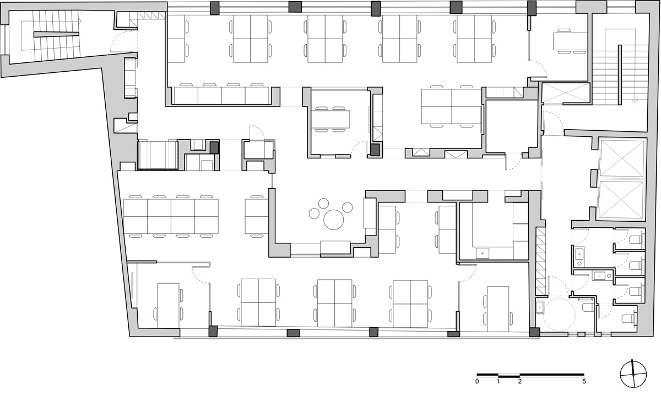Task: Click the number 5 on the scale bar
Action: tap(584, 382)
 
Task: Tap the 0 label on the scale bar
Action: tap(477, 382)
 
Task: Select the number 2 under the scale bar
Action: tap(519, 382)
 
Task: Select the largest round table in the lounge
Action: tap(334, 219)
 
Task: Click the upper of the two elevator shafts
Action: tap(622, 158)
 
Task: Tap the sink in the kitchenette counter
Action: tap(483, 253)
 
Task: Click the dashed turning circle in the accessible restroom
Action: tap(560, 314)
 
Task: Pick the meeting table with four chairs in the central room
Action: tap(330, 119)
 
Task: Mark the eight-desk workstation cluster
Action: tap(171, 216)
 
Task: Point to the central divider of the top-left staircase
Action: tap(56, 34)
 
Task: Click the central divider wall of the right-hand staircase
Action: tap(620, 74)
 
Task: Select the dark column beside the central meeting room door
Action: tap(375, 150)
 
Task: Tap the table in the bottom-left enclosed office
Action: tap(168, 306)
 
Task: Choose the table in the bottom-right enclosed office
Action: tap(498, 309)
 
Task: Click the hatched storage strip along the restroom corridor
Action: tap(541, 262)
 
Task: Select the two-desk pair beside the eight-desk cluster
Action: tap(257, 216)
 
